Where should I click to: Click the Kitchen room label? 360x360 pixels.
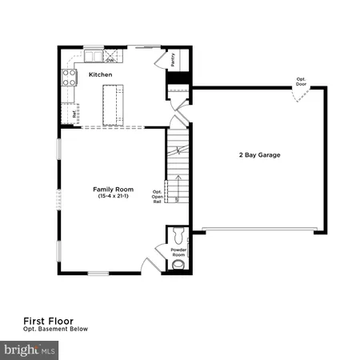click(x=99, y=74)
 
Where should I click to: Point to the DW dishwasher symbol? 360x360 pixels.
click(x=110, y=58)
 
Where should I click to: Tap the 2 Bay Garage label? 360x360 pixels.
click(x=258, y=154)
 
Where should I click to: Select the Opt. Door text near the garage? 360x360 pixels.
click(x=300, y=81)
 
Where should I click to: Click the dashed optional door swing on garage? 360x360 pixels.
click(x=299, y=95)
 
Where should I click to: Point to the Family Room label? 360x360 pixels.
click(x=113, y=190)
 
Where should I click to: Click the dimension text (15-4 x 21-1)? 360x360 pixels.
click(x=113, y=197)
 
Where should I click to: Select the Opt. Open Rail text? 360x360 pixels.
click(x=157, y=197)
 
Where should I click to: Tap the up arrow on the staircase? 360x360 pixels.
click(x=178, y=182)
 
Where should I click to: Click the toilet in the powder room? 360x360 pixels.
click(x=177, y=236)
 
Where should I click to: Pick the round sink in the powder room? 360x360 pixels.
click(x=177, y=265)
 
